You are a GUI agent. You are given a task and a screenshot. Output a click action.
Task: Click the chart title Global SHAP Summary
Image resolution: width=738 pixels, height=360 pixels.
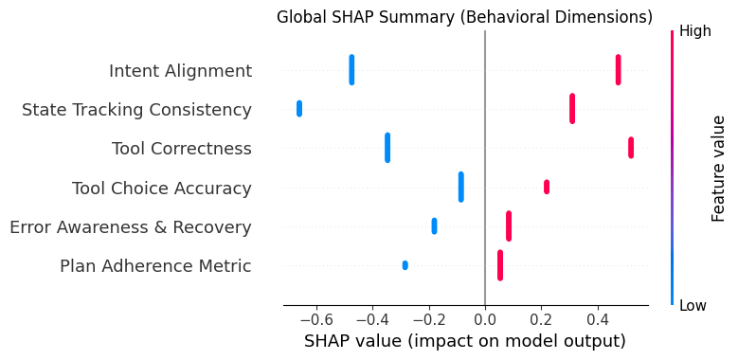click(464, 17)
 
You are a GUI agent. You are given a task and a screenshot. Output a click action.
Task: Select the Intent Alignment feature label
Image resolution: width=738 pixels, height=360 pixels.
click(180, 71)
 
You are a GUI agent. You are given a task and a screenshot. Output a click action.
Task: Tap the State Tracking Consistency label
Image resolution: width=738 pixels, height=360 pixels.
click(136, 110)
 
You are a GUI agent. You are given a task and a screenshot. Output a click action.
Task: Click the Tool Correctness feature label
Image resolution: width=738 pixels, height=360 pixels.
click(182, 149)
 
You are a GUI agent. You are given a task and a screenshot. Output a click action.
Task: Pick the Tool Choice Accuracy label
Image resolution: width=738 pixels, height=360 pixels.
click(162, 189)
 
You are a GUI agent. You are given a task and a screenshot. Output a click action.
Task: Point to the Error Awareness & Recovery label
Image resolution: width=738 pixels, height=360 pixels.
click(130, 227)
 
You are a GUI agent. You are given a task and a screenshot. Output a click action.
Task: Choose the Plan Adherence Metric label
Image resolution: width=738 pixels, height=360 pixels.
click(155, 266)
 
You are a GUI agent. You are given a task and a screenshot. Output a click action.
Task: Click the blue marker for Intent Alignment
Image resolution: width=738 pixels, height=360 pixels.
click(351, 70)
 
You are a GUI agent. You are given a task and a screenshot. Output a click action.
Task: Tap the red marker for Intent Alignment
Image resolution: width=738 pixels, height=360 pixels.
click(618, 70)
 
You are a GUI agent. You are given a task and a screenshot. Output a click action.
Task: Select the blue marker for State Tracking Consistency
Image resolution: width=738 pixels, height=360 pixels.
click(299, 108)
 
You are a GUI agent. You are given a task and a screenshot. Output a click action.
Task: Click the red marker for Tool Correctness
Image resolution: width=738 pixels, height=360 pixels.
click(631, 148)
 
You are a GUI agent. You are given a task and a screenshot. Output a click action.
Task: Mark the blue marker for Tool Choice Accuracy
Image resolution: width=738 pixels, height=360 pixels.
click(461, 187)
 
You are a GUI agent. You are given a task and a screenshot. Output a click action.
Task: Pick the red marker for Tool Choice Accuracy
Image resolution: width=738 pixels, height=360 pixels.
click(547, 187)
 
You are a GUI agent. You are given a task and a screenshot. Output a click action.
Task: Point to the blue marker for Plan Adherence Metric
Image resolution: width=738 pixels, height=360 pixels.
click(405, 265)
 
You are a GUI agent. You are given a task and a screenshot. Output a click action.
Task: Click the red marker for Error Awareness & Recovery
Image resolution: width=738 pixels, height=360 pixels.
click(509, 225)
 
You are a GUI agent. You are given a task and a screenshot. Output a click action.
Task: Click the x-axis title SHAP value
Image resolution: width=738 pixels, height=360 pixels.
click(464, 341)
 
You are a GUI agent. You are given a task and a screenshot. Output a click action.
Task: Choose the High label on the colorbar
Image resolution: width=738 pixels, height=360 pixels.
click(694, 31)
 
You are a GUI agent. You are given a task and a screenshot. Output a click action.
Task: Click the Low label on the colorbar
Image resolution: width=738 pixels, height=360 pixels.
click(693, 305)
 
